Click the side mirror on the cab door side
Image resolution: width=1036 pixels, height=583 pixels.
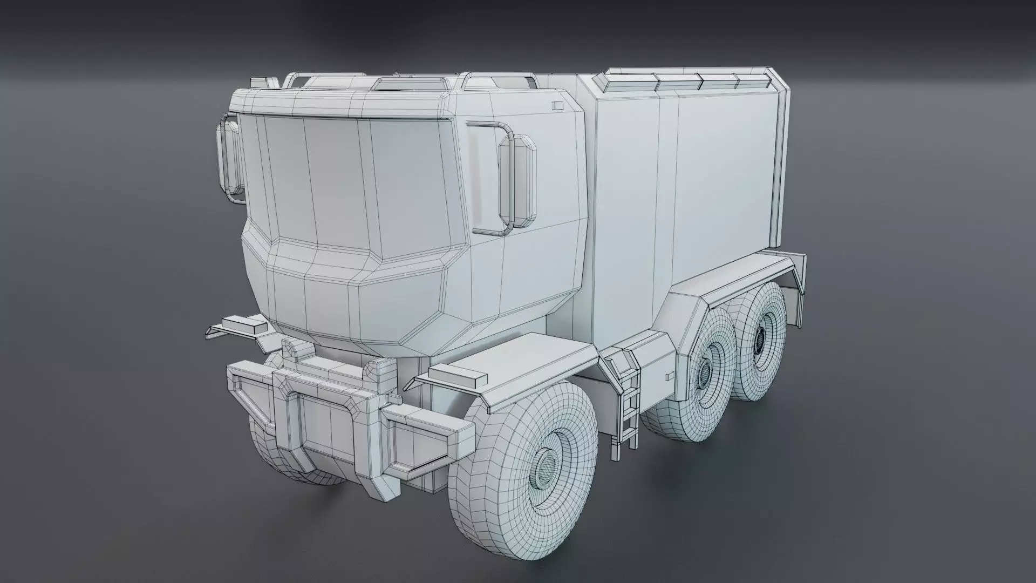517,182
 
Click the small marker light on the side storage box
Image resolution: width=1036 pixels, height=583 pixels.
670,374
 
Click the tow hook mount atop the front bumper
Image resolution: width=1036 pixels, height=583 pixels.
295,350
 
